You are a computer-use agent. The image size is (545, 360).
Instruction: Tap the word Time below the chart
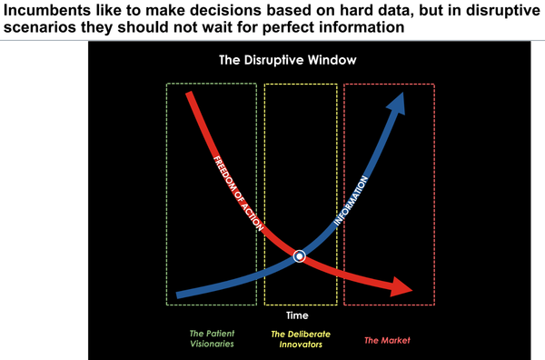click(298, 315)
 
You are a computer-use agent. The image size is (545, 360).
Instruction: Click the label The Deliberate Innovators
click(301, 339)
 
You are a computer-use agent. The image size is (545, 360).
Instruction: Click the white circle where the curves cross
click(299, 257)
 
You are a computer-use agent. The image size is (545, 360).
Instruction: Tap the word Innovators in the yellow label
click(301, 345)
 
